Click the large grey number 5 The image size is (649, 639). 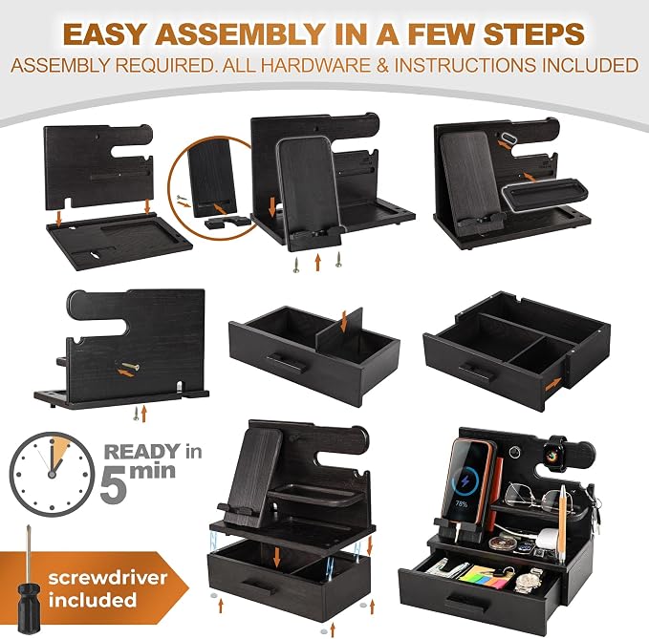coord(114,482)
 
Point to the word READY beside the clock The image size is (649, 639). coord(142,451)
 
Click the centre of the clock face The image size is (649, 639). coord(52,474)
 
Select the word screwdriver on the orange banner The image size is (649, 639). coord(108,577)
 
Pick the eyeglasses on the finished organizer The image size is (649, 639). coord(538,497)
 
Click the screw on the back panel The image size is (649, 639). coord(130,365)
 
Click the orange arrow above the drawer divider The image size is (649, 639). coord(343,322)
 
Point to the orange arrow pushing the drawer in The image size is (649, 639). coord(553,384)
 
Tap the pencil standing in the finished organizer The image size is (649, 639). coord(562,524)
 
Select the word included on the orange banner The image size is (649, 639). coord(93,599)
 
